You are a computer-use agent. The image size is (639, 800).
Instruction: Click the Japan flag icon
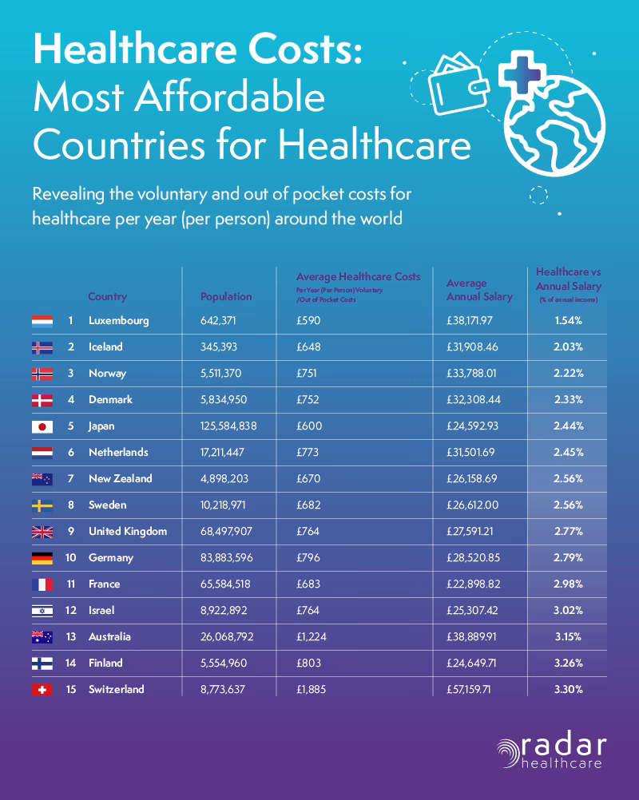click(x=42, y=427)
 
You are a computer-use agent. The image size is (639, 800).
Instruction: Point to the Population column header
click(x=226, y=296)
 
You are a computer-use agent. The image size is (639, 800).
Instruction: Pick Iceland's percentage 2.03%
click(x=569, y=347)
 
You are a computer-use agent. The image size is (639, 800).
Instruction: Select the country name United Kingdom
click(x=128, y=532)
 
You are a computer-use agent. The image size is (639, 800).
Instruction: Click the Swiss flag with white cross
click(x=42, y=690)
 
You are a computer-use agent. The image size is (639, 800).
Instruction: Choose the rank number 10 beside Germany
click(x=69, y=558)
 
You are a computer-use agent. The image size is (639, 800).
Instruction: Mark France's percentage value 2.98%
click(x=569, y=584)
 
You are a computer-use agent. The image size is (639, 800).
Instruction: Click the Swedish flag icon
click(x=42, y=505)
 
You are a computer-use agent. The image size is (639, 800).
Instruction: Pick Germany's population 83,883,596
click(x=228, y=558)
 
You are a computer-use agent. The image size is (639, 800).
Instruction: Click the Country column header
click(x=107, y=296)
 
